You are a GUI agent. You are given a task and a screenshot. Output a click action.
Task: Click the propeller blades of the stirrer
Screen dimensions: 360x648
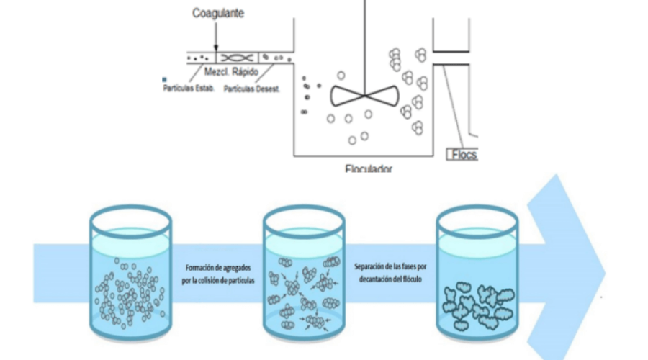pyautogui.click(x=364, y=95)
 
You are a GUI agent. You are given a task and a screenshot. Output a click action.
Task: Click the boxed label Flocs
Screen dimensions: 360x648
pyautogui.click(x=463, y=154)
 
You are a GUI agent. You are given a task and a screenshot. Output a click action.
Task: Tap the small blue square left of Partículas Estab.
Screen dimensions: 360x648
pyautogui.click(x=165, y=80)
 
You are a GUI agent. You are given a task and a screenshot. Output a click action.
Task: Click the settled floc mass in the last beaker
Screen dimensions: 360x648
pyautogui.click(x=477, y=306)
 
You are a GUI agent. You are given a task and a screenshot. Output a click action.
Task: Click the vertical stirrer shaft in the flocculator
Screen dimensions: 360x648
pyautogui.click(x=365, y=43)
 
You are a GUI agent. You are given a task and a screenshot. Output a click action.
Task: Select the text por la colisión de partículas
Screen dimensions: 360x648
pyautogui.click(x=219, y=280)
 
